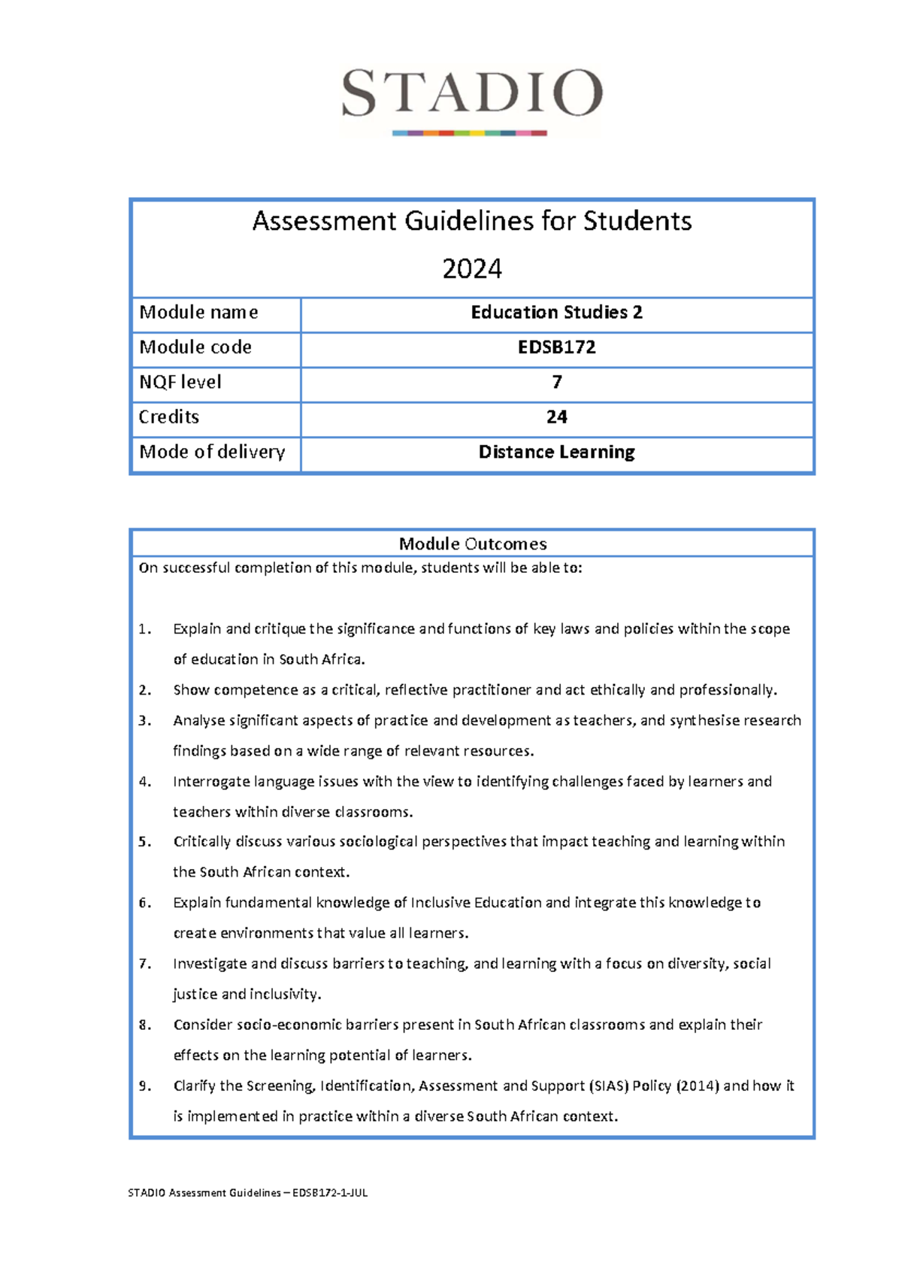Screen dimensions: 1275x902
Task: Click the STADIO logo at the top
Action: (471, 98)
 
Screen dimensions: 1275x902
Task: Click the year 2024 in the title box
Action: (472, 269)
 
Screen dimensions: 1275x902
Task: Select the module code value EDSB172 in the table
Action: (556, 347)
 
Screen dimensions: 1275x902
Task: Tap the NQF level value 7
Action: (556, 383)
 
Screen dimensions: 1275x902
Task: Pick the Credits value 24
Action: (556, 417)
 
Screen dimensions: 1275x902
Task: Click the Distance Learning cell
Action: (556, 452)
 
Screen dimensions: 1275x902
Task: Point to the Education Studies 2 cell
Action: (556, 313)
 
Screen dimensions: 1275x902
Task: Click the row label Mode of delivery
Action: (212, 452)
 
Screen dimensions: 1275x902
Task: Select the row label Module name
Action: (198, 313)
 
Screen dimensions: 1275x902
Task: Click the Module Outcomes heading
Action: (472, 544)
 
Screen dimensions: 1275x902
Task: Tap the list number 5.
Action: (144, 842)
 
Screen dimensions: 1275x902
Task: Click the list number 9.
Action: (144, 1086)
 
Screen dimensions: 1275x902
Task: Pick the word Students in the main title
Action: (637, 221)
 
